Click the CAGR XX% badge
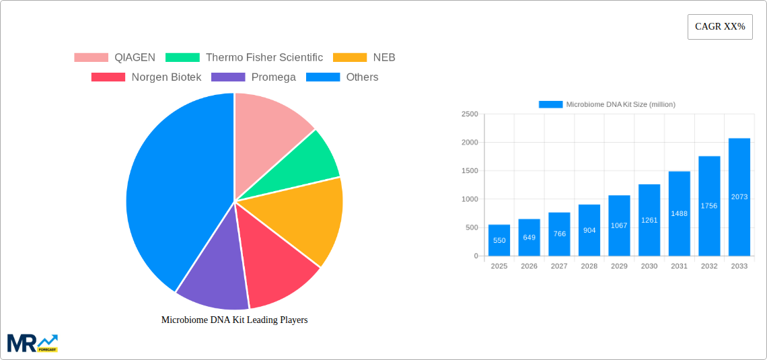tap(720, 27)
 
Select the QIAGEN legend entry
tap(114, 57)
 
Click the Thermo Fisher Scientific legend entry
tap(244, 57)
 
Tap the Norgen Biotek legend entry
tap(146, 77)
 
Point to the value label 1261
tap(649, 220)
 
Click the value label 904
tap(589, 230)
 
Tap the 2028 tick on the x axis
tap(589, 266)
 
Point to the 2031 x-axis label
tap(679, 266)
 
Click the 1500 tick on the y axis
tap(469, 171)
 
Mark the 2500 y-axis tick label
tap(469, 114)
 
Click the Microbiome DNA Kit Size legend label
tap(620, 104)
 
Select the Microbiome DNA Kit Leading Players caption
tap(234, 320)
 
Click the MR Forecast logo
tap(32, 343)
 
